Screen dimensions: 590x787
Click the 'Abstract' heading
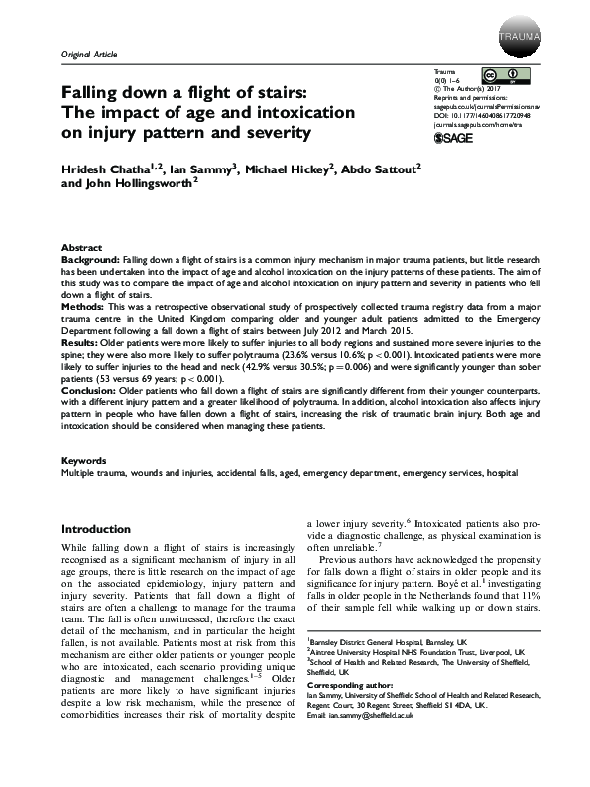pyautogui.click(x=81, y=247)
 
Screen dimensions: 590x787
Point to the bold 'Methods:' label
pyautogui.click(x=84, y=308)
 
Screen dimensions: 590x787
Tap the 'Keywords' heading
pyautogui.click(x=84, y=462)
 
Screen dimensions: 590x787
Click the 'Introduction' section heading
pyautogui.click(x=103, y=529)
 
